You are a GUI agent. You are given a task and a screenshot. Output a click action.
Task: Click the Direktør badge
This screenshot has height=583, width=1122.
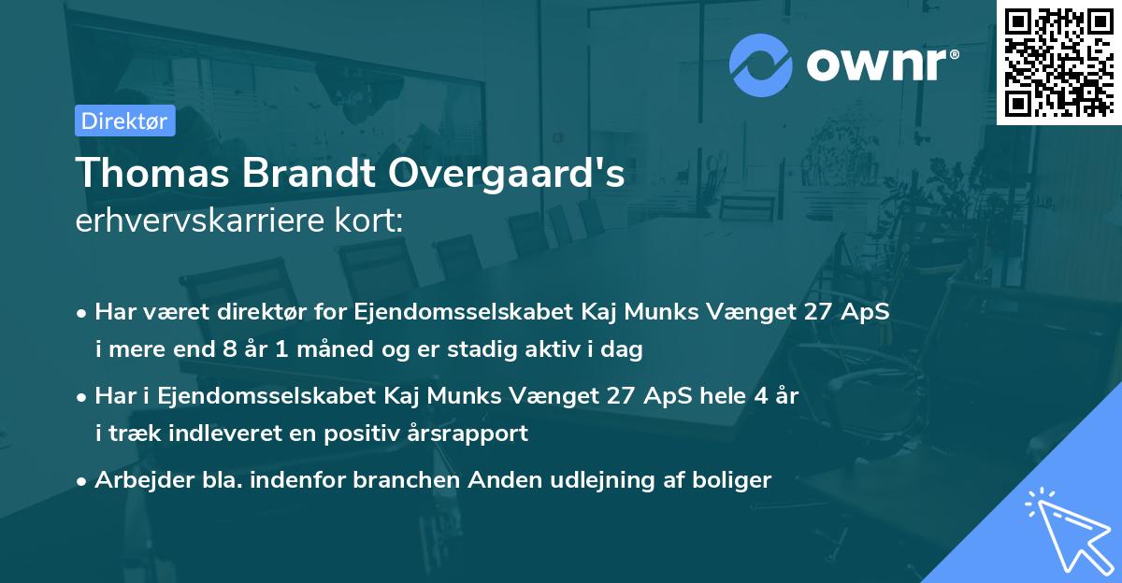pyautogui.click(x=124, y=121)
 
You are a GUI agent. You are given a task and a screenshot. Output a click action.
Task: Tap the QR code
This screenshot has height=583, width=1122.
pyautogui.click(x=1059, y=62)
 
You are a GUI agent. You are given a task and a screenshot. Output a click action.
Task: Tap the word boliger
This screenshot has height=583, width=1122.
pyautogui.click(x=731, y=480)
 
